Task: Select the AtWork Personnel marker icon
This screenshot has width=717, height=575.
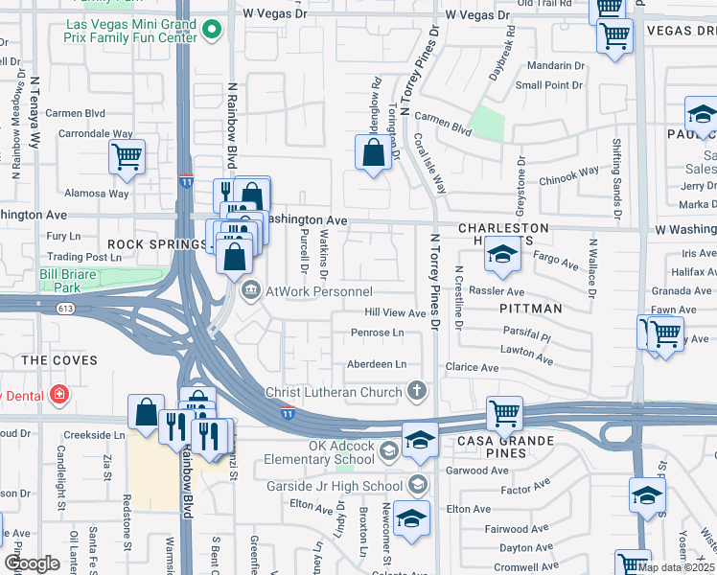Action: point(250,290)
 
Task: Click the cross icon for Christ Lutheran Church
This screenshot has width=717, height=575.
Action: point(416,390)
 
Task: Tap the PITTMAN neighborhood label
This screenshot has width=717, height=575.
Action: point(530,309)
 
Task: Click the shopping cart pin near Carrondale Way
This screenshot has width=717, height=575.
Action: point(127,157)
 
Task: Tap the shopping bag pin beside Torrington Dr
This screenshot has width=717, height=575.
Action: point(374,152)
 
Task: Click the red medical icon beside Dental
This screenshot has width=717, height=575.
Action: point(59,394)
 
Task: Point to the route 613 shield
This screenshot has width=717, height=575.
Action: point(64,308)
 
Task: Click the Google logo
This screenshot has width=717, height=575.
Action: point(32,563)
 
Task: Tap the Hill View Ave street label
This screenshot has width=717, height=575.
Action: point(394,313)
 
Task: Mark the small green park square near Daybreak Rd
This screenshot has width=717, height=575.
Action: point(488,124)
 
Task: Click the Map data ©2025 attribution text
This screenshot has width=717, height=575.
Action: point(675,567)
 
